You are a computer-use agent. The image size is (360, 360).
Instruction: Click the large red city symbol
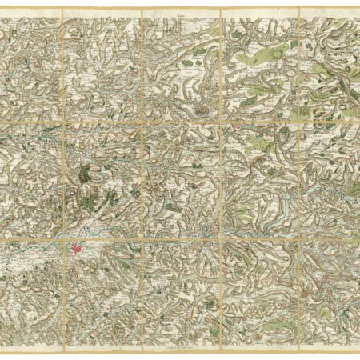click(78, 251)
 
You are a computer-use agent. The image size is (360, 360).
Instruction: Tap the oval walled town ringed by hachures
click(199, 106)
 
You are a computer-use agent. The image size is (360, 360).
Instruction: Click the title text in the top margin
click(180, 14)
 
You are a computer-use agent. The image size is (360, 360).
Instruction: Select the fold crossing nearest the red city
click(63, 237)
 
